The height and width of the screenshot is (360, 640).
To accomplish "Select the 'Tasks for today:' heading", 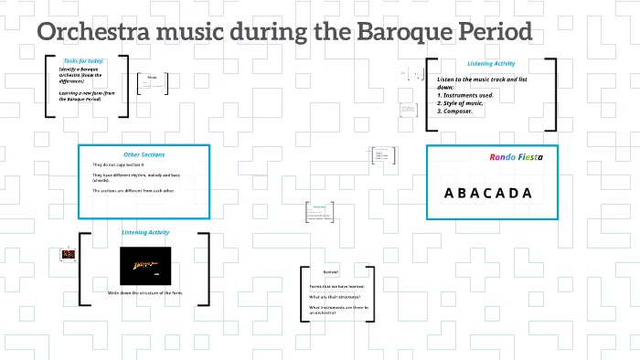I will tap(84, 60).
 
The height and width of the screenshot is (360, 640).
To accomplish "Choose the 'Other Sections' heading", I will tap(144, 154).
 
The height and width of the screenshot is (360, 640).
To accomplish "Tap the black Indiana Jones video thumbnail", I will tap(144, 265).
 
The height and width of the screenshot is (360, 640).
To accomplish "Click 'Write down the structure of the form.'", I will tap(145, 292).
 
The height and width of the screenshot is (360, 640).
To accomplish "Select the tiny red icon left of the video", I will tap(67, 253).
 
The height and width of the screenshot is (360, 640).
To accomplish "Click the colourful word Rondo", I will tap(503, 156).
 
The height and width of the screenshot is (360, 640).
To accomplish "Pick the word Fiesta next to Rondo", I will tap(531, 156).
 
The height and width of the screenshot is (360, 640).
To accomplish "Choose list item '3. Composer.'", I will tap(461, 111).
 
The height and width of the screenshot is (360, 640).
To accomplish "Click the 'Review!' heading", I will tap(331, 272).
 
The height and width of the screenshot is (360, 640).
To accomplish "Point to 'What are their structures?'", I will tap(336, 297).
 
